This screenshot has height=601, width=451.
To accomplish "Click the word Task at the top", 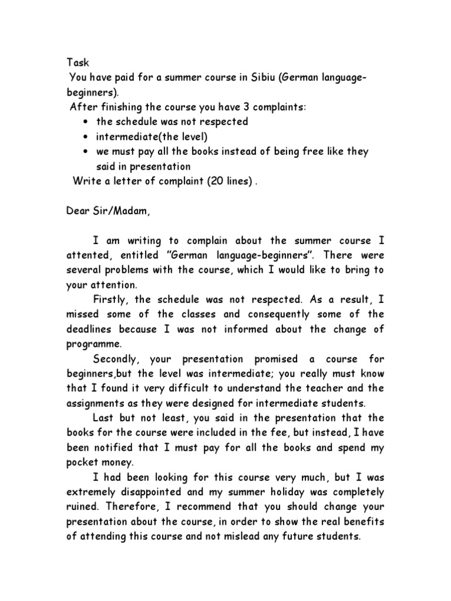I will coord(75,62).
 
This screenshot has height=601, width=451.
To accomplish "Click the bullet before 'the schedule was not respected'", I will coord(87,122).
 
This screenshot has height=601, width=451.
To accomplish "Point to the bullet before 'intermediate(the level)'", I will coord(87,137).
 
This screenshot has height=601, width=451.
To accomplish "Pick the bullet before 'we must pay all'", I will coord(87,151).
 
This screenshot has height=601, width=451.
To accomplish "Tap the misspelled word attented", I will coord(87,256).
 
